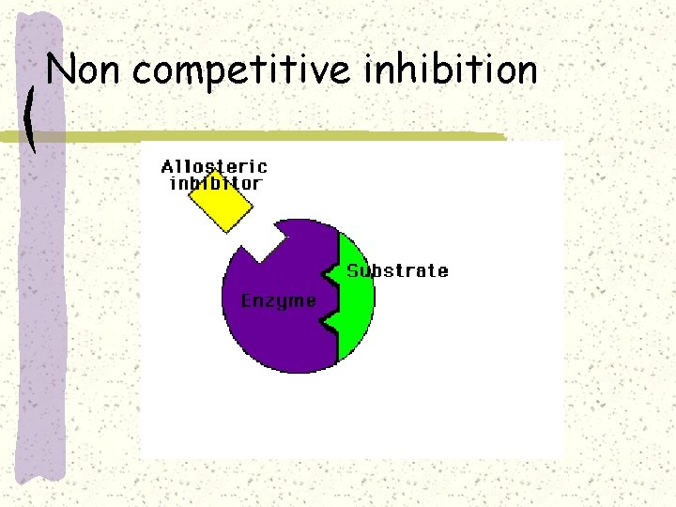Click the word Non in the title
(85, 70)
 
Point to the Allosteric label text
(215, 166)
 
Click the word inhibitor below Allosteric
(215, 183)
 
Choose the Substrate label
(397, 271)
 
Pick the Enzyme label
(279, 300)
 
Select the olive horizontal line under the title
(282, 137)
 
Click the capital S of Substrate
(353, 271)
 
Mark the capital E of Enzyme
(247, 300)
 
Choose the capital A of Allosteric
(168, 167)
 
